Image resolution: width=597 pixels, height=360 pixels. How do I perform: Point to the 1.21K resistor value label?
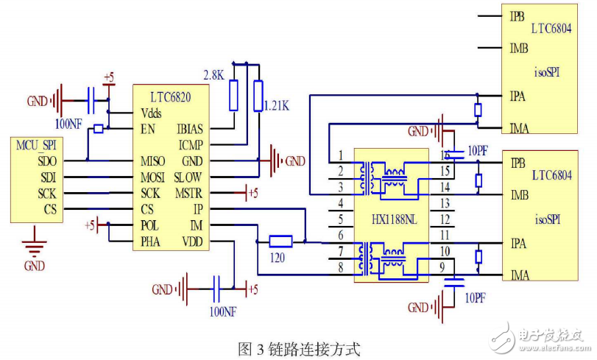click(x=277, y=107)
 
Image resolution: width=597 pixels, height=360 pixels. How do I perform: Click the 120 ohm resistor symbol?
click(x=280, y=241)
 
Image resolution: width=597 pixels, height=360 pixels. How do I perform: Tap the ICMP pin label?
click(x=191, y=145)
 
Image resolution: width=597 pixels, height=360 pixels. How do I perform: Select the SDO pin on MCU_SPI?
click(x=47, y=160)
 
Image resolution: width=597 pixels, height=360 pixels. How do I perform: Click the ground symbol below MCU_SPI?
click(x=35, y=247)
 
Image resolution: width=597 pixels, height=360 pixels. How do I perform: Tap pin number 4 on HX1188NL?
click(x=341, y=203)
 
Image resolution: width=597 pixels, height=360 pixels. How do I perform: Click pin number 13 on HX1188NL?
click(x=445, y=203)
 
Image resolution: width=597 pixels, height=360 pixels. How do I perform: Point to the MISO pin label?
click(x=153, y=161)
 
